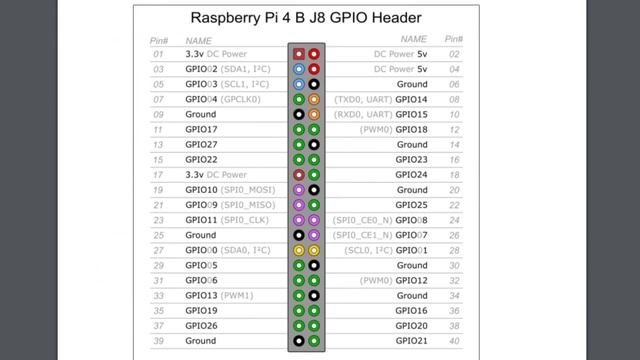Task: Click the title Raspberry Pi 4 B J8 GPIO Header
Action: pos(306,18)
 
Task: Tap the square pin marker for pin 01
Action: pos(299,54)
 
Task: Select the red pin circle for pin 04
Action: pos(314,69)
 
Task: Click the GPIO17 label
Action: pos(201,129)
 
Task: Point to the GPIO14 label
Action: pos(411,99)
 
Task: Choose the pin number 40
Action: pos(454,341)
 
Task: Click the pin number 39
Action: pos(158,341)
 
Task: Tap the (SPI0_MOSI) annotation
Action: pos(248,190)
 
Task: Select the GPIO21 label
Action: pos(411,341)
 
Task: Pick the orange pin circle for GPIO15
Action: pos(314,114)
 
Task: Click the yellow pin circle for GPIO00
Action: pos(299,250)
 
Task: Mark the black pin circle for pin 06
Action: pos(314,84)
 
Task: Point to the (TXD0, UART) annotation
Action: pos(363,99)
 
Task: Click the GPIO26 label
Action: pos(201,326)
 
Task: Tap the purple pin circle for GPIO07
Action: pos(314,235)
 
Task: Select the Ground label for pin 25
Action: pos(200,235)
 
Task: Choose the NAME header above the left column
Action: pos(199,41)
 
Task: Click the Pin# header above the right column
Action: pos(453,39)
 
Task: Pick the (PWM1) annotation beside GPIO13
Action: pos(237,296)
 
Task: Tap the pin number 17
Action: pos(158,175)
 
